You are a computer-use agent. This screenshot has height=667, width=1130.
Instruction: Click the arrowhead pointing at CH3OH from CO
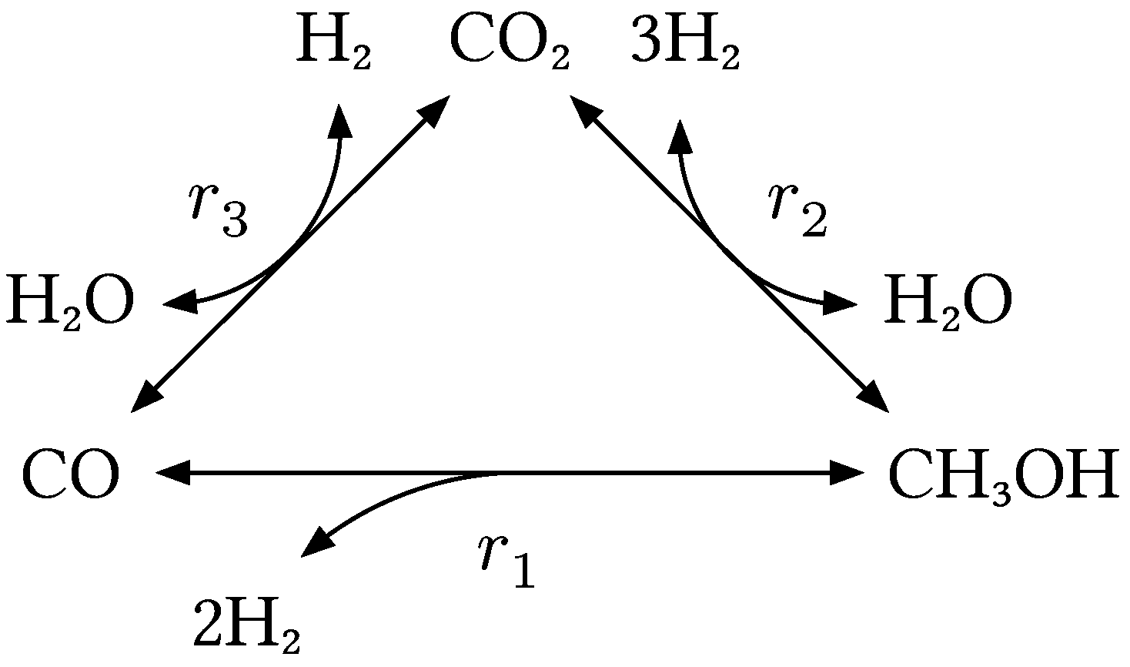coord(847,473)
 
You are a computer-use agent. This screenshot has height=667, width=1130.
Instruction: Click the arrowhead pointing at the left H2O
coord(179,303)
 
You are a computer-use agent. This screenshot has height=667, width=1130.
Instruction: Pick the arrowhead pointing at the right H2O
coord(841,303)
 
